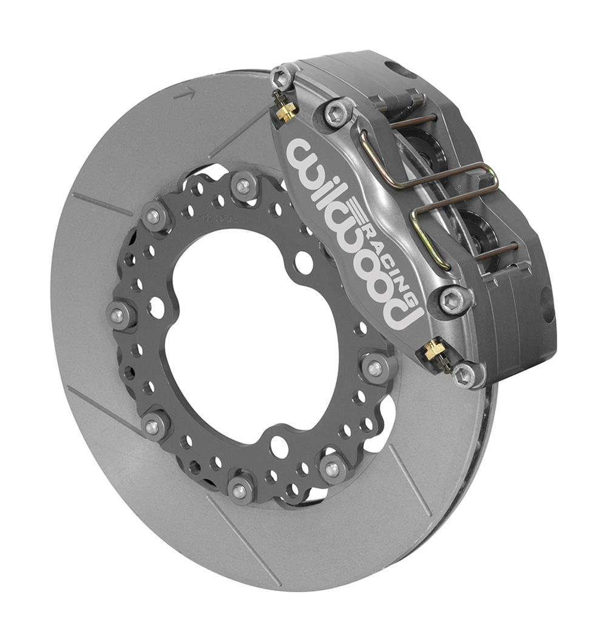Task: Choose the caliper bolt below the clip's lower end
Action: click(x=455, y=299)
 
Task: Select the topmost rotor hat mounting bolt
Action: click(x=243, y=186)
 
